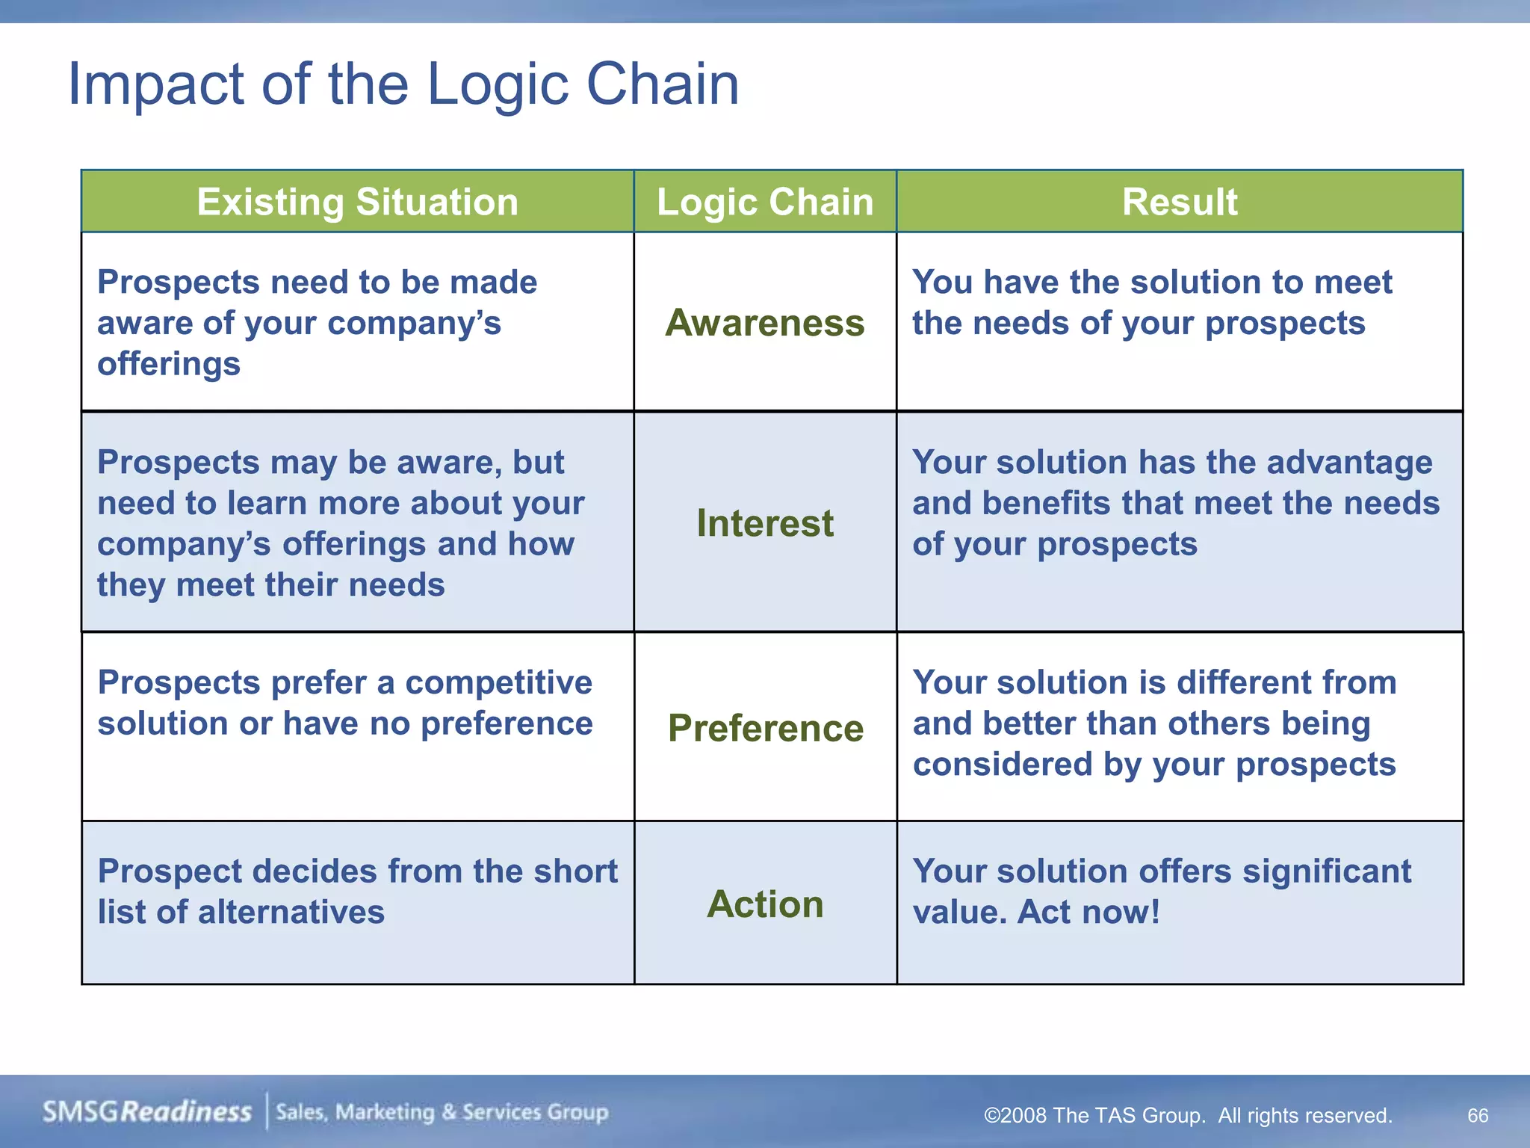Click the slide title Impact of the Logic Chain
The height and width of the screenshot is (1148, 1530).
click(x=403, y=84)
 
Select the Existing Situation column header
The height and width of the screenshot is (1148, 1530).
click(x=357, y=202)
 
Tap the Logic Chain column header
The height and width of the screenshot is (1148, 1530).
click(x=765, y=202)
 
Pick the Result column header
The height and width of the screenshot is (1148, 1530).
click(x=1180, y=202)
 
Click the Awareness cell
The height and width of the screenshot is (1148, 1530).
click(x=765, y=323)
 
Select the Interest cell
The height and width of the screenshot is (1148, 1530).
click(x=765, y=522)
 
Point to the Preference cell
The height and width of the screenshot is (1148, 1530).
click(x=765, y=728)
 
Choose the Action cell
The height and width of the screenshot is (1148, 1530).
click(x=765, y=904)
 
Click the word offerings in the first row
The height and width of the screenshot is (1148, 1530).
click(x=169, y=365)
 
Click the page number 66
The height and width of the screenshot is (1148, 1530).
click(x=1478, y=1115)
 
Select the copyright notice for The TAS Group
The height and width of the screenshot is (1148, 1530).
click(x=1188, y=1115)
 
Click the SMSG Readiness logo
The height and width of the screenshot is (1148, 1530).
click(x=147, y=1111)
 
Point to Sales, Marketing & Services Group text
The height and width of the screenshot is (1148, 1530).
click(x=442, y=1112)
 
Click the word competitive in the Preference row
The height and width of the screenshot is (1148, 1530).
click(x=498, y=682)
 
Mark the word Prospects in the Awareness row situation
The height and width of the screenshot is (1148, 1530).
click(x=178, y=283)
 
